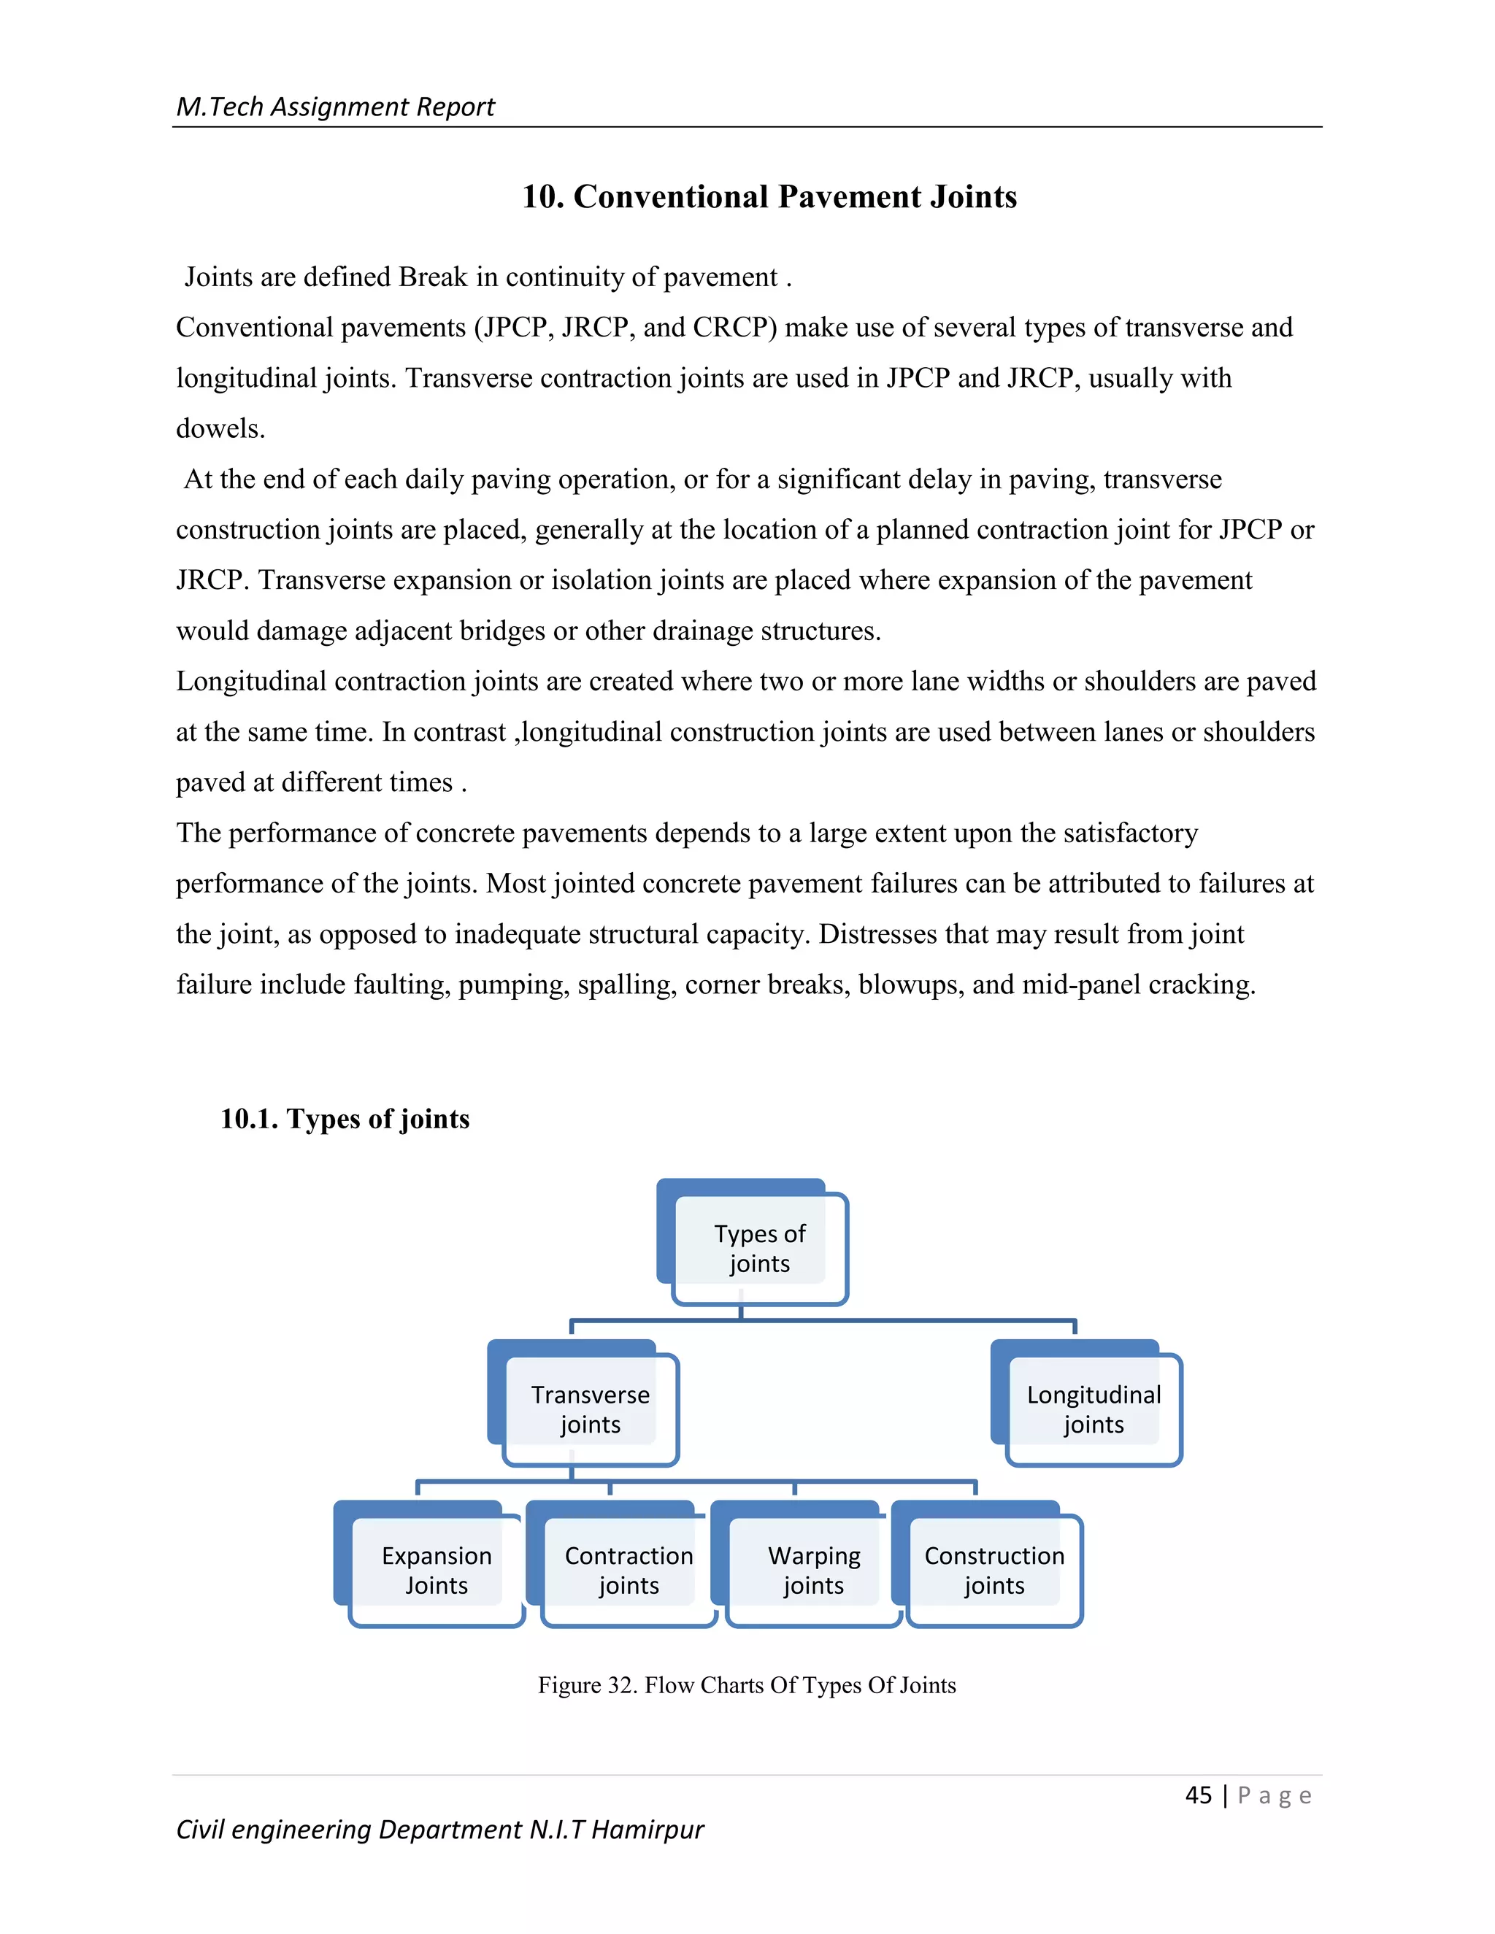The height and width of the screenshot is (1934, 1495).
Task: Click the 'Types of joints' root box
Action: click(759, 1248)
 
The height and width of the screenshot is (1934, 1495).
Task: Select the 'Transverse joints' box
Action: click(590, 1409)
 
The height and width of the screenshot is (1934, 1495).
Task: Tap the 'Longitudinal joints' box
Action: click(1093, 1409)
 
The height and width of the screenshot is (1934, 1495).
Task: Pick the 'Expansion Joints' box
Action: click(436, 1570)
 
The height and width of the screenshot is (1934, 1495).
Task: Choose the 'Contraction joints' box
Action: click(629, 1570)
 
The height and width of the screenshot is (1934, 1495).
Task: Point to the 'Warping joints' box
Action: click(813, 1570)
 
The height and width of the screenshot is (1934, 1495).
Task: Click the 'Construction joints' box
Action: click(994, 1570)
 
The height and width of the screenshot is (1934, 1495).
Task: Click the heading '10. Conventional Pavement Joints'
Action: click(769, 196)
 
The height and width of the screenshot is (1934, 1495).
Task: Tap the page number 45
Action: click(1199, 1795)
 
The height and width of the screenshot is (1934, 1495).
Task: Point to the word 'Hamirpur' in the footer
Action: click(647, 1830)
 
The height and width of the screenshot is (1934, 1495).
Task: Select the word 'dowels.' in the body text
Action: click(220, 428)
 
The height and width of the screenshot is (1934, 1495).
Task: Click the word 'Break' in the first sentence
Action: click(432, 277)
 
